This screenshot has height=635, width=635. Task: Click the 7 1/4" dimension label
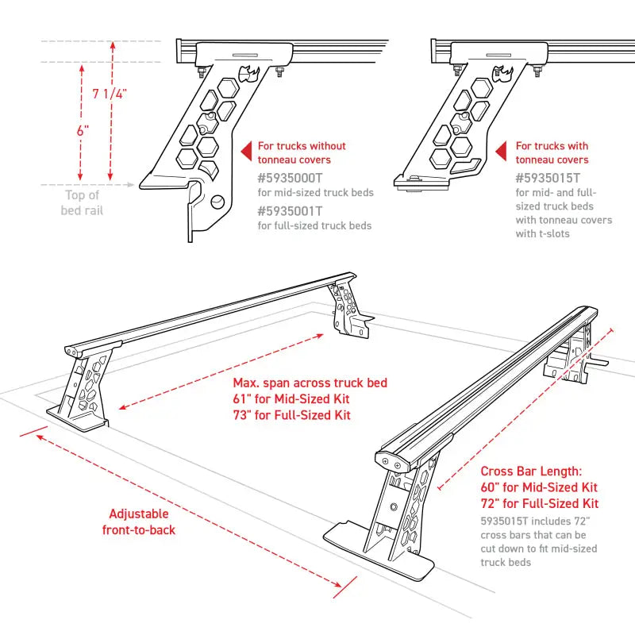(110, 94)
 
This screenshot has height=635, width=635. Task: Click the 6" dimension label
(83, 131)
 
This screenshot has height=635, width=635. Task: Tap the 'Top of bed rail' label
(82, 202)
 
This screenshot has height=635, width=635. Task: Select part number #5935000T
(291, 178)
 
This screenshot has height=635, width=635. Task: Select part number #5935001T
(291, 210)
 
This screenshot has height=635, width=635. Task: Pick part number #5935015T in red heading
(548, 178)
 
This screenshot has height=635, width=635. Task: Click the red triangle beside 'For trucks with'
(501, 151)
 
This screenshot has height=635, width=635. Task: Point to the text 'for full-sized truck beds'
(314, 225)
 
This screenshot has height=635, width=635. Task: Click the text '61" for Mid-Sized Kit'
(291, 399)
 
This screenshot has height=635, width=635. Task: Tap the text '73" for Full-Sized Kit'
(291, 415)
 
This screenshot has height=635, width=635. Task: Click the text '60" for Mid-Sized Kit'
(539, 487)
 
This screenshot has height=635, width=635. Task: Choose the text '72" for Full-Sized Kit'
(539, 503)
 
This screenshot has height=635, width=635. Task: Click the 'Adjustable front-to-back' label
(139, 521)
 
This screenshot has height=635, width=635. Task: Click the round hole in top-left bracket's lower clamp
(217, 203)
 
